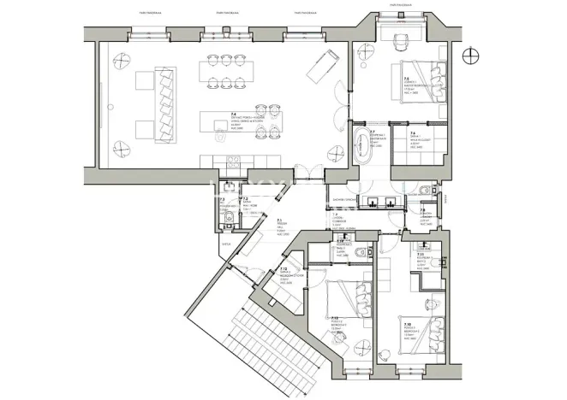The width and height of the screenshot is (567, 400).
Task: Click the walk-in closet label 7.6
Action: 416,137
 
